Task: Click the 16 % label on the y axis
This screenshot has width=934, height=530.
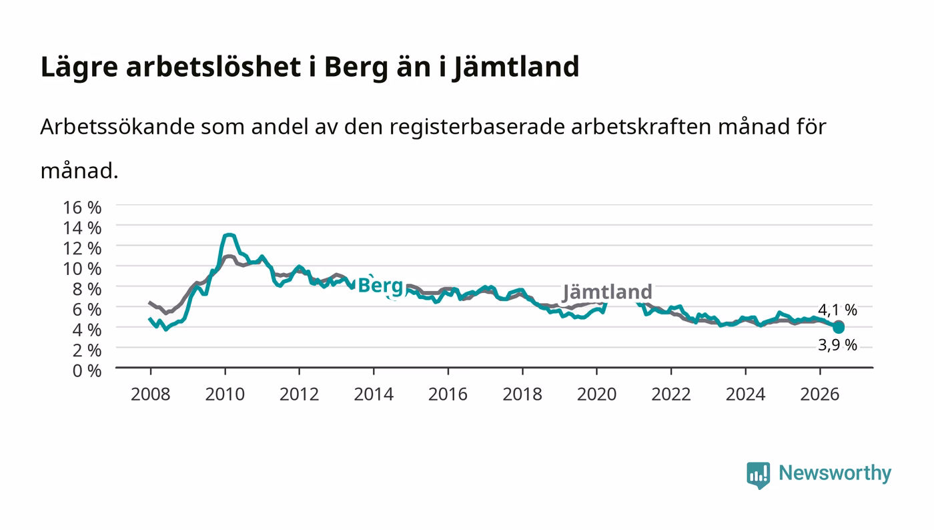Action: coord(81,208)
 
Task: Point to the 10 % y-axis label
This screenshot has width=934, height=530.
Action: coord(81,269)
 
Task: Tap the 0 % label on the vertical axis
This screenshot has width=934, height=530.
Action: coord(87,370)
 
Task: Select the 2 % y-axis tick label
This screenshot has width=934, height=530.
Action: coord(87,350)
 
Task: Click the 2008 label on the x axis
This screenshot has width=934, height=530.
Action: coord(151,394)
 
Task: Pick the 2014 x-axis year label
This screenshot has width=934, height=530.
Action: coord(374,394)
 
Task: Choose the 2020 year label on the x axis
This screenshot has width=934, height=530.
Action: coord(596,394)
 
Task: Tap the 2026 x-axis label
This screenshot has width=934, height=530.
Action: coord(820,394)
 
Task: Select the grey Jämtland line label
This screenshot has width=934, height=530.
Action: coord(608,292)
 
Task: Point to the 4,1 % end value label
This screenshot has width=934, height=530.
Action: coord(837,310)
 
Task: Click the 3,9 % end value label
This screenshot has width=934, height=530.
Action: coord(837,345)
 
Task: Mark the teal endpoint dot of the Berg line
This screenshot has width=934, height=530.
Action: coord(839,328)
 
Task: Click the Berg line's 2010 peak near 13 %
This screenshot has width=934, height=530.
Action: coord(228,236)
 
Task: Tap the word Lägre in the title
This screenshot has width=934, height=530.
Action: coord(79,67)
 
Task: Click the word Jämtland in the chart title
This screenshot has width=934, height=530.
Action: coord(516,67)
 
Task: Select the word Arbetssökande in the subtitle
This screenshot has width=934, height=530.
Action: coord(117,126)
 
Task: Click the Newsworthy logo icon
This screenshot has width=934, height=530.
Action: coord(758,475)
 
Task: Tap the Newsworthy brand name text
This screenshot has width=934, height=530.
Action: coord(835,473)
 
